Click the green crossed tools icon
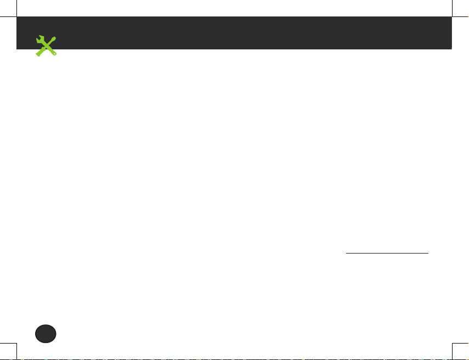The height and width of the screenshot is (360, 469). (x=46, y=47)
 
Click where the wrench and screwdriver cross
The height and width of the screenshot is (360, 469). (x=46, y=47)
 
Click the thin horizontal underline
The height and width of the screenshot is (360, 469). (x=387, y=253)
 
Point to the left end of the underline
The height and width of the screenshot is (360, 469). (x=346, y=253)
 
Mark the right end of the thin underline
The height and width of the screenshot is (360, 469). (x=428, y=253)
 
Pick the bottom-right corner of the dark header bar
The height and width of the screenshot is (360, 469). (x=451, y=49)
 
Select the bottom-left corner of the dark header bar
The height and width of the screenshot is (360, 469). (x=17, y=49)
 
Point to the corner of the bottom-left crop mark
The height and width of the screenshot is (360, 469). (x=17, y=344)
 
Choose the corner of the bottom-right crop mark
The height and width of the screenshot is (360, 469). (x=452, y=344)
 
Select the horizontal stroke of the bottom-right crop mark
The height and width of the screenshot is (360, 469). (x=461, y=344)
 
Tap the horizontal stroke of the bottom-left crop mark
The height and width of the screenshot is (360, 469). (x=8, y=344)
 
